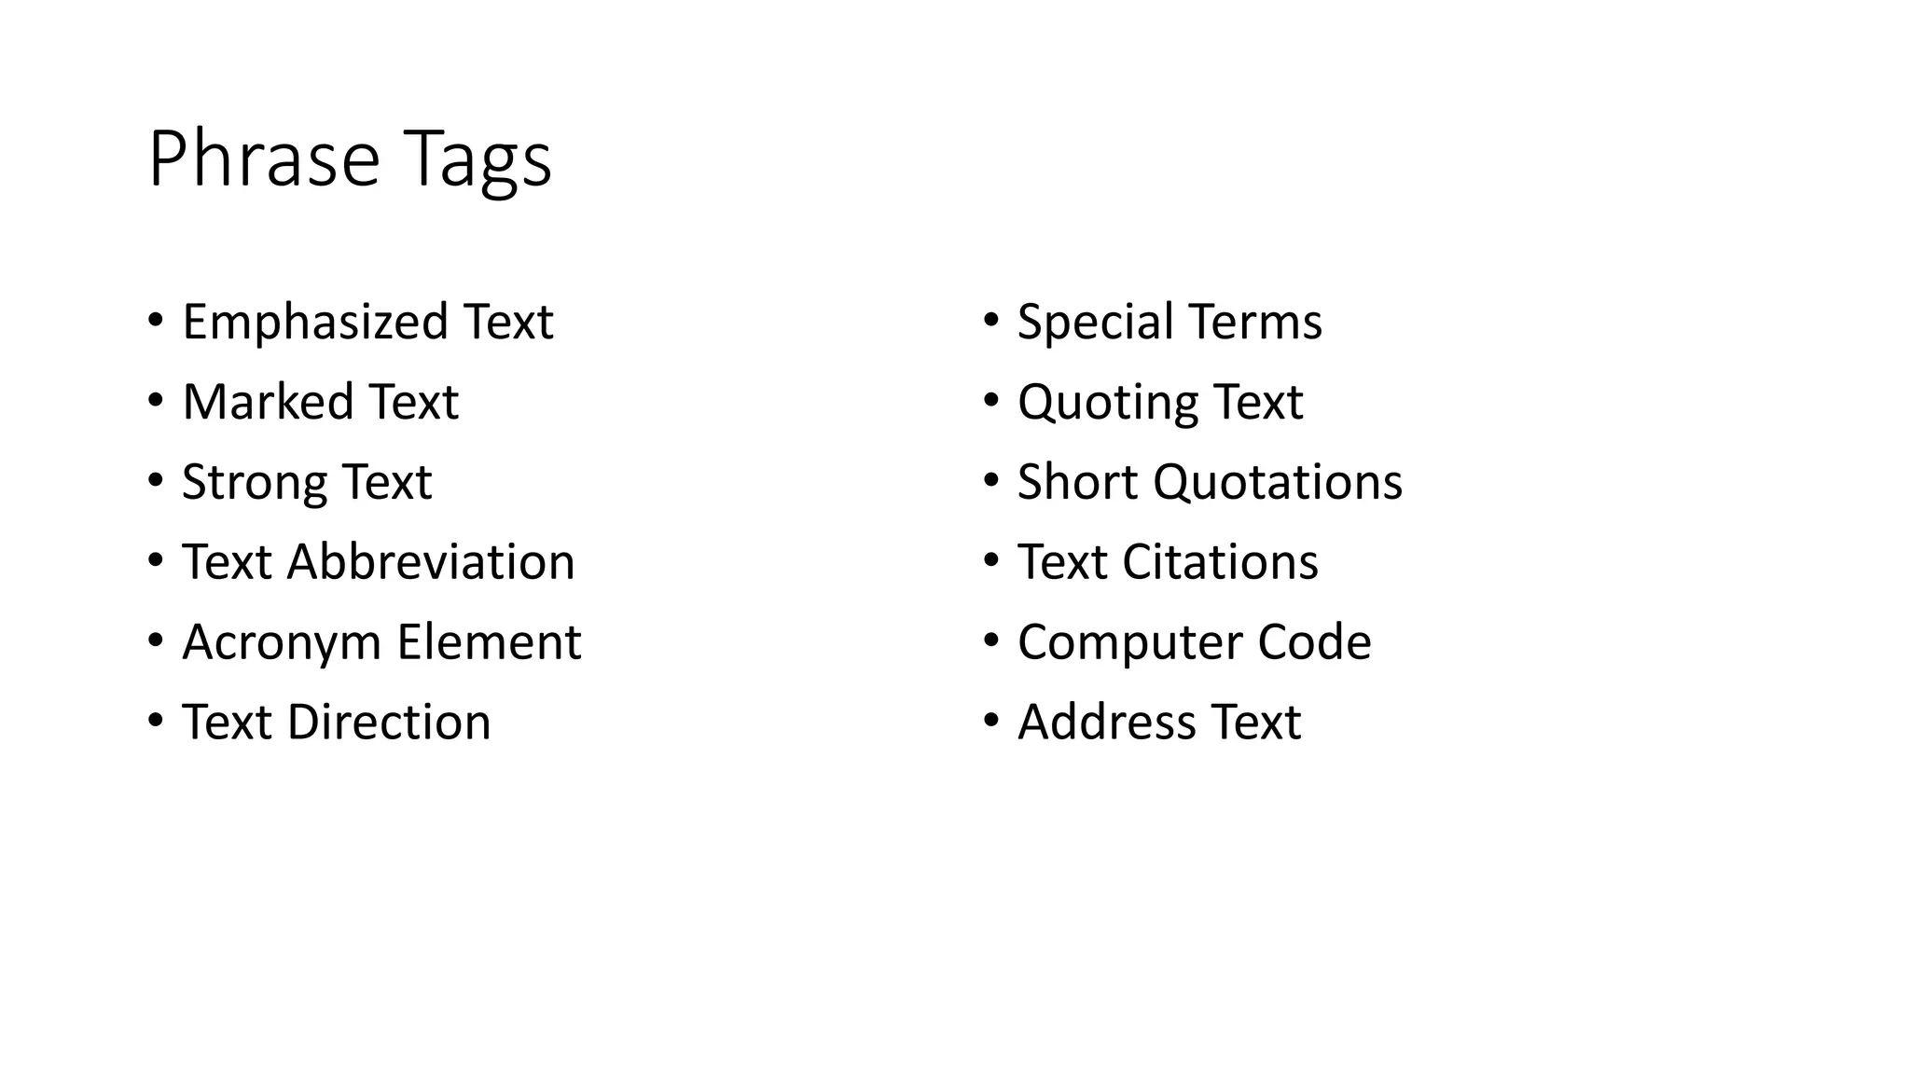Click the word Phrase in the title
tap(264, 159)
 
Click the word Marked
tap(268, 402)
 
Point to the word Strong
tap(254, 482)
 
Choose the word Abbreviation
tap(431, 562)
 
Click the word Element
tap(489, 642)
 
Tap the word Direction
tap(389, 723)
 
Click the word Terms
tap(1255, 322)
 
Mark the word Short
tap(1078, 482)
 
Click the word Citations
tap(1220, 562)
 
